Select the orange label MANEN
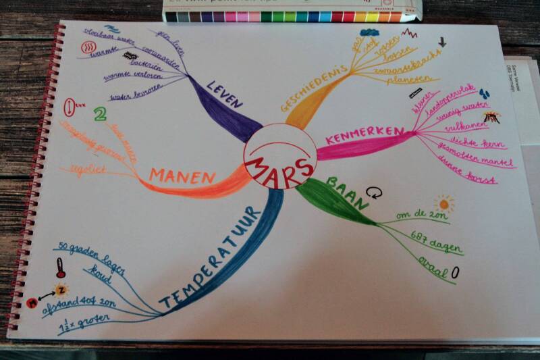pyautogui.click(x=182, y=176)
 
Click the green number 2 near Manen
pyautogui.click(x=101, y=114)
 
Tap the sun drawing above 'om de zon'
pyautogui.click(x=443, y=203)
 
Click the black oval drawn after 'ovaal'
pyautogui.click(x=455, y=272)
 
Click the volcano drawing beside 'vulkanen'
pyautogui.click(x=492, y=116)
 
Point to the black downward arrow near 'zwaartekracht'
pyautogui.click(x=442, y=42)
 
